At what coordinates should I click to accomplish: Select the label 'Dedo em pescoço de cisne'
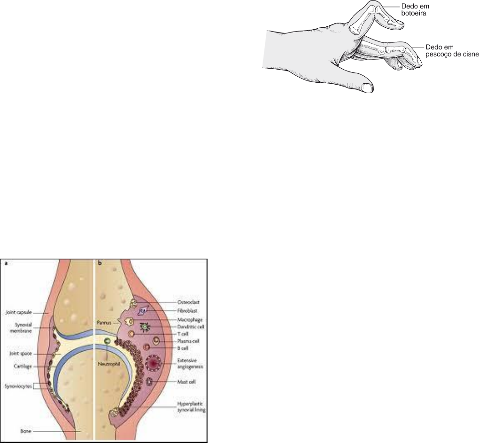click(451, 51)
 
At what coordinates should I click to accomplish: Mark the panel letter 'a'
click(6, 264)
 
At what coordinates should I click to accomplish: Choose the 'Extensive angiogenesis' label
click(186, 362)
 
